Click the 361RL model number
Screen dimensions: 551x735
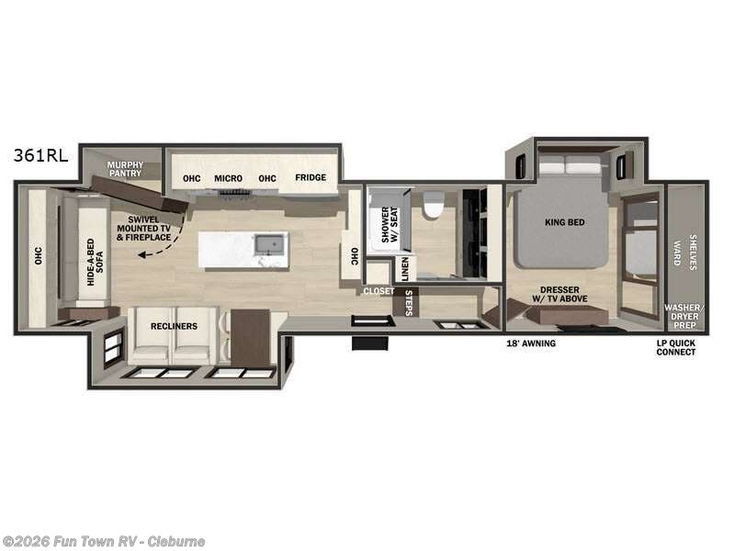[40, 155]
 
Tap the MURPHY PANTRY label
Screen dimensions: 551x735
[126, 169]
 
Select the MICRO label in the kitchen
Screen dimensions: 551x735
[228, 178]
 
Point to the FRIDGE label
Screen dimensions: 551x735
[311, 178]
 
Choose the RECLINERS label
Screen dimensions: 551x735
[175, 325]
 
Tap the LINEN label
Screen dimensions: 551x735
[405, 268]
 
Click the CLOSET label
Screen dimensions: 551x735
[378, 291]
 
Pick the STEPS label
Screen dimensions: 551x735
[409, 303]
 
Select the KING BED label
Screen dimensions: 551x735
[564, 222]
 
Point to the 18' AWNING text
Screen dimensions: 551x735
[531, 343]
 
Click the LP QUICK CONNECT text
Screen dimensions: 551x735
[676, 347]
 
